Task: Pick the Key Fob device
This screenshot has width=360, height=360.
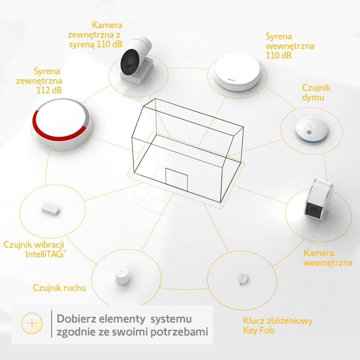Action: (x=242, y=279)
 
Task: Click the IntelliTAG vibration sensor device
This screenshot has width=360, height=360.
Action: (x=50, y=209)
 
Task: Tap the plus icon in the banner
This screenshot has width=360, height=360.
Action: (x=32, y=323)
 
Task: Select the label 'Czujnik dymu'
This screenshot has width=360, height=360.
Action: (x=316, y=92)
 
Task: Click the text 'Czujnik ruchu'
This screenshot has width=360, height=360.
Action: (x=59, y=288)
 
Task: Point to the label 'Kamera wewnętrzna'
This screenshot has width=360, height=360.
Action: (x=328, y=258)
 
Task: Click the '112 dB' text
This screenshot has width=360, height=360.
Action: (x=49, y=90)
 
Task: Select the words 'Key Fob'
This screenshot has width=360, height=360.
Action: (x=259, y=330)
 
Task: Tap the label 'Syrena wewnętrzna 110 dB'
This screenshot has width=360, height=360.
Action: (x=290, y=46)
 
